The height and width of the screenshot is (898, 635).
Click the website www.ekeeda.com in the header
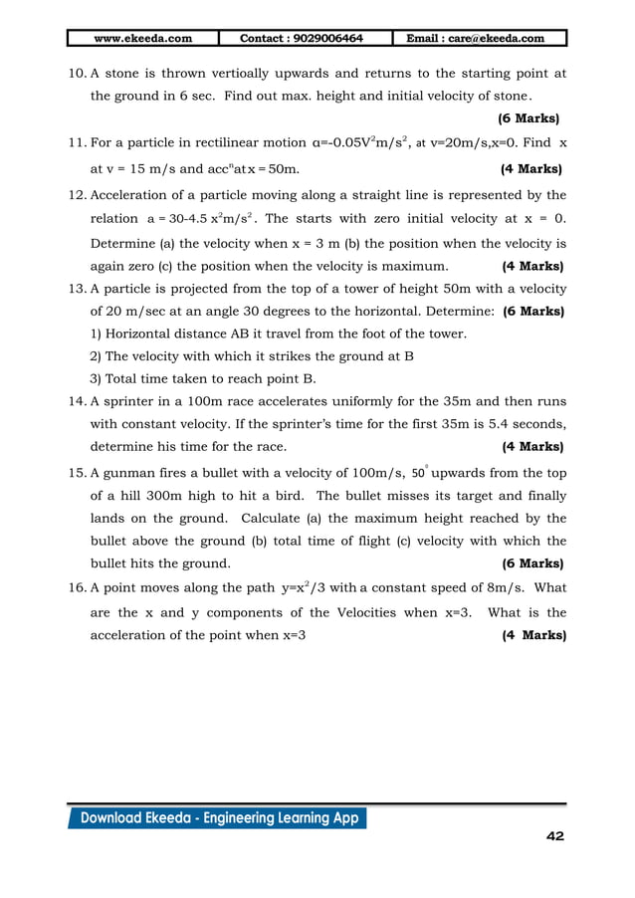click(142, 39)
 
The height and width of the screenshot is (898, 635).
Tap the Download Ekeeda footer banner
click(217, 818)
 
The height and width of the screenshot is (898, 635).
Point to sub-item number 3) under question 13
click(97, 377)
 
